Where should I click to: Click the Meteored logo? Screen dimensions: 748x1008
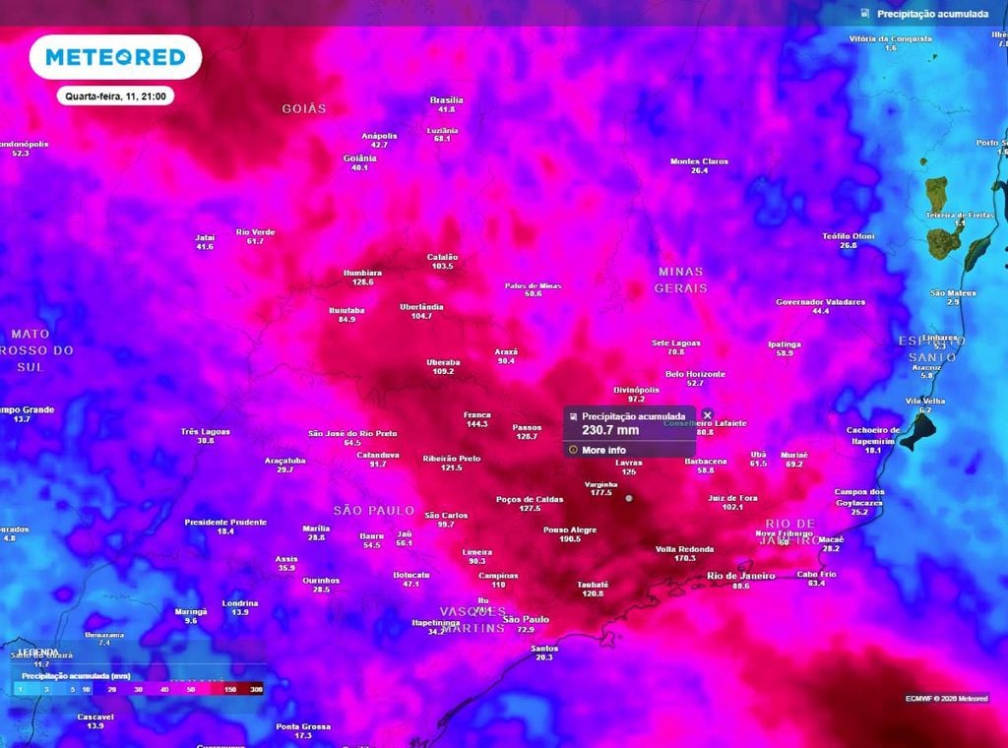pos(115,58)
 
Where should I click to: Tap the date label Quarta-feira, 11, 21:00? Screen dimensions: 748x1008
pos(115,96)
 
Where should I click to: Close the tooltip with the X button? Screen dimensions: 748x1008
pos(707,415)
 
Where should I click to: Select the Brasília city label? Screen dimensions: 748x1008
pos(446,100)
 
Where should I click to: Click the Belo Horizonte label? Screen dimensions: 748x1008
pos(695,374)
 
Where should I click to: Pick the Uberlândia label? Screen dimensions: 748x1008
pos(422,307)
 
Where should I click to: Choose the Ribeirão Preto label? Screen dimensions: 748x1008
pos(452,459)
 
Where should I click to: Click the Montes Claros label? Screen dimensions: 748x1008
pos(699,161)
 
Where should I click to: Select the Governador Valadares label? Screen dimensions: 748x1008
pos(820,302)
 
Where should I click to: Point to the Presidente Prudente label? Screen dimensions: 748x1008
pos(225,522)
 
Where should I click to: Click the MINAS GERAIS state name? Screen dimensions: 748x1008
pos(681,280)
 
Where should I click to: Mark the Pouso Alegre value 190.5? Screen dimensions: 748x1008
pos(570,539)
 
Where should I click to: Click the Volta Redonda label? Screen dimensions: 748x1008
pos(685,548)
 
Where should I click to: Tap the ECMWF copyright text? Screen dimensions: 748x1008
pos(946,698)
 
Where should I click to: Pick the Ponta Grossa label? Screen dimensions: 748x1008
pos(303,726)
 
